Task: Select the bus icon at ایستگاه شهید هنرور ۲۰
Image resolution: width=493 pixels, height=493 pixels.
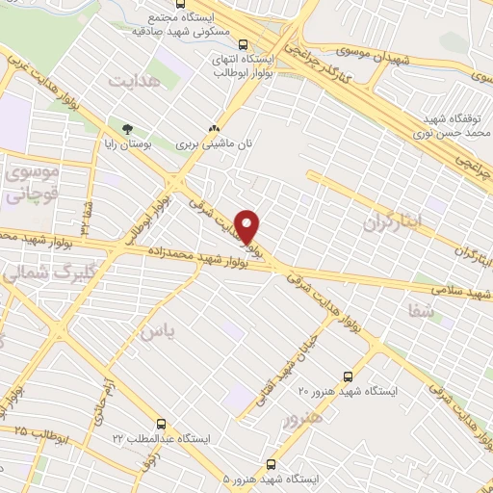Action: point(348,376)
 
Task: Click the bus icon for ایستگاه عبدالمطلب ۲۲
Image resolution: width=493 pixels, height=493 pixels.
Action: point(161,423)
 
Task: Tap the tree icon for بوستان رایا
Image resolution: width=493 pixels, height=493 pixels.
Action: point(126,129)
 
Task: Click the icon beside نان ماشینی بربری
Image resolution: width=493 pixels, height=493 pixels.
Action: point(214,128)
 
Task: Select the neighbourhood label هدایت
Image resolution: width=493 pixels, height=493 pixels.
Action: point(132,82)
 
